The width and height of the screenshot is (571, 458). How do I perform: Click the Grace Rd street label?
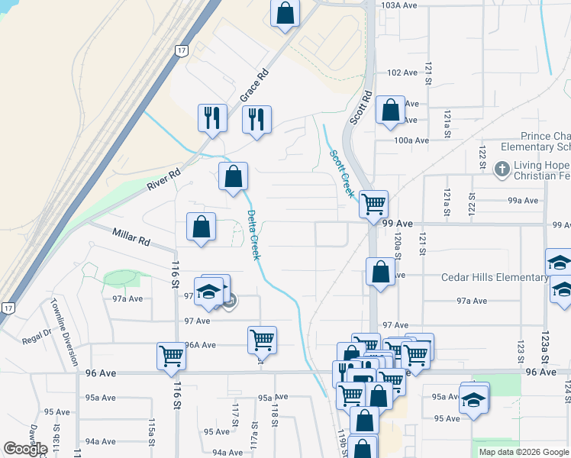tap(256, 85)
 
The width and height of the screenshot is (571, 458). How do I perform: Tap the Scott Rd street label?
tap(360, 108)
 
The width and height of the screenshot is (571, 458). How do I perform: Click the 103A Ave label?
tap(398, 5)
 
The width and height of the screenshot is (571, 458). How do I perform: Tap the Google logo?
tap(25, 449)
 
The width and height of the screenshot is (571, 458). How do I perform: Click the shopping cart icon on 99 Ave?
tap(373, 204)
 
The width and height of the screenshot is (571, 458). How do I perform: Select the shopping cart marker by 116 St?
tap(171, 355)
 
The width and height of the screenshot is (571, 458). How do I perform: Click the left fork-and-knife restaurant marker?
tap(211, 117)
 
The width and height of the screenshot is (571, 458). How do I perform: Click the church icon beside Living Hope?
tap(502, 168)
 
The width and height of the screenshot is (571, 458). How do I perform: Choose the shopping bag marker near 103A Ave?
tap(285, 12)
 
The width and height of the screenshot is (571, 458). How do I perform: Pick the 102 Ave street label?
tap(402, 73)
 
